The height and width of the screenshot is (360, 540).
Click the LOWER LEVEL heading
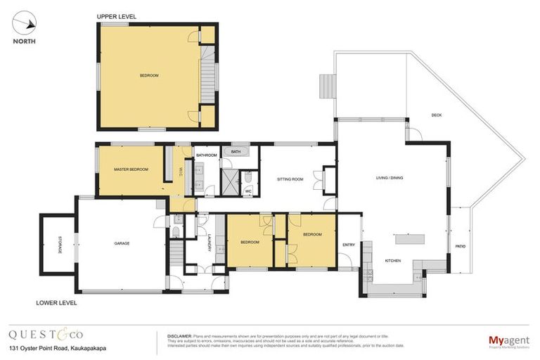(56, 303)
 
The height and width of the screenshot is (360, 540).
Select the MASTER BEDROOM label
(131, 169)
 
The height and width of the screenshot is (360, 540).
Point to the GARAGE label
(122, 243)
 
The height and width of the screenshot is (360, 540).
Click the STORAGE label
(59, 244)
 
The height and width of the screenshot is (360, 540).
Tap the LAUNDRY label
(210, 243)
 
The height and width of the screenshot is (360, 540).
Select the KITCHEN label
(392, 261)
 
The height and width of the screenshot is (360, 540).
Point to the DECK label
(436, 115)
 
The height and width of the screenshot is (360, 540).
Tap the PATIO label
(461, 246)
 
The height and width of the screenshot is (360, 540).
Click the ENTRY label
(348, 245)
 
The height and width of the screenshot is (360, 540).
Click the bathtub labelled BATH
(236, 151)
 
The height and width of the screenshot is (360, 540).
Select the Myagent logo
(509, 341)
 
